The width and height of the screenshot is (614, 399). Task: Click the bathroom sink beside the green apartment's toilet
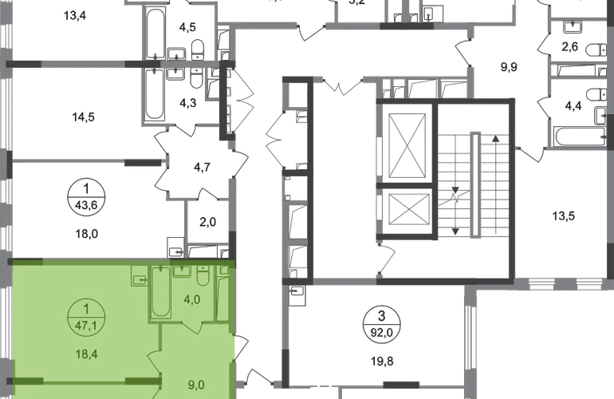(183, 273)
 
